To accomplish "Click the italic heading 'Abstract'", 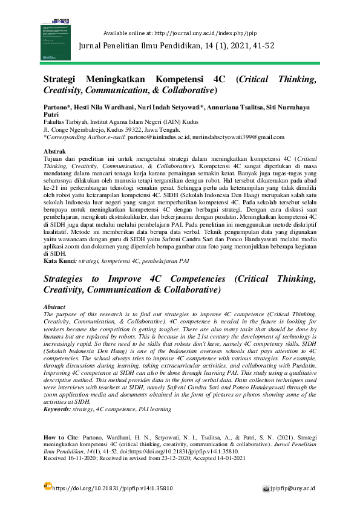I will coord(55,308).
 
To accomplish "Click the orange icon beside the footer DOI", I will coord(48,485).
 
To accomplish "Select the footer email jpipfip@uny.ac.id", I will coord(296,488).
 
